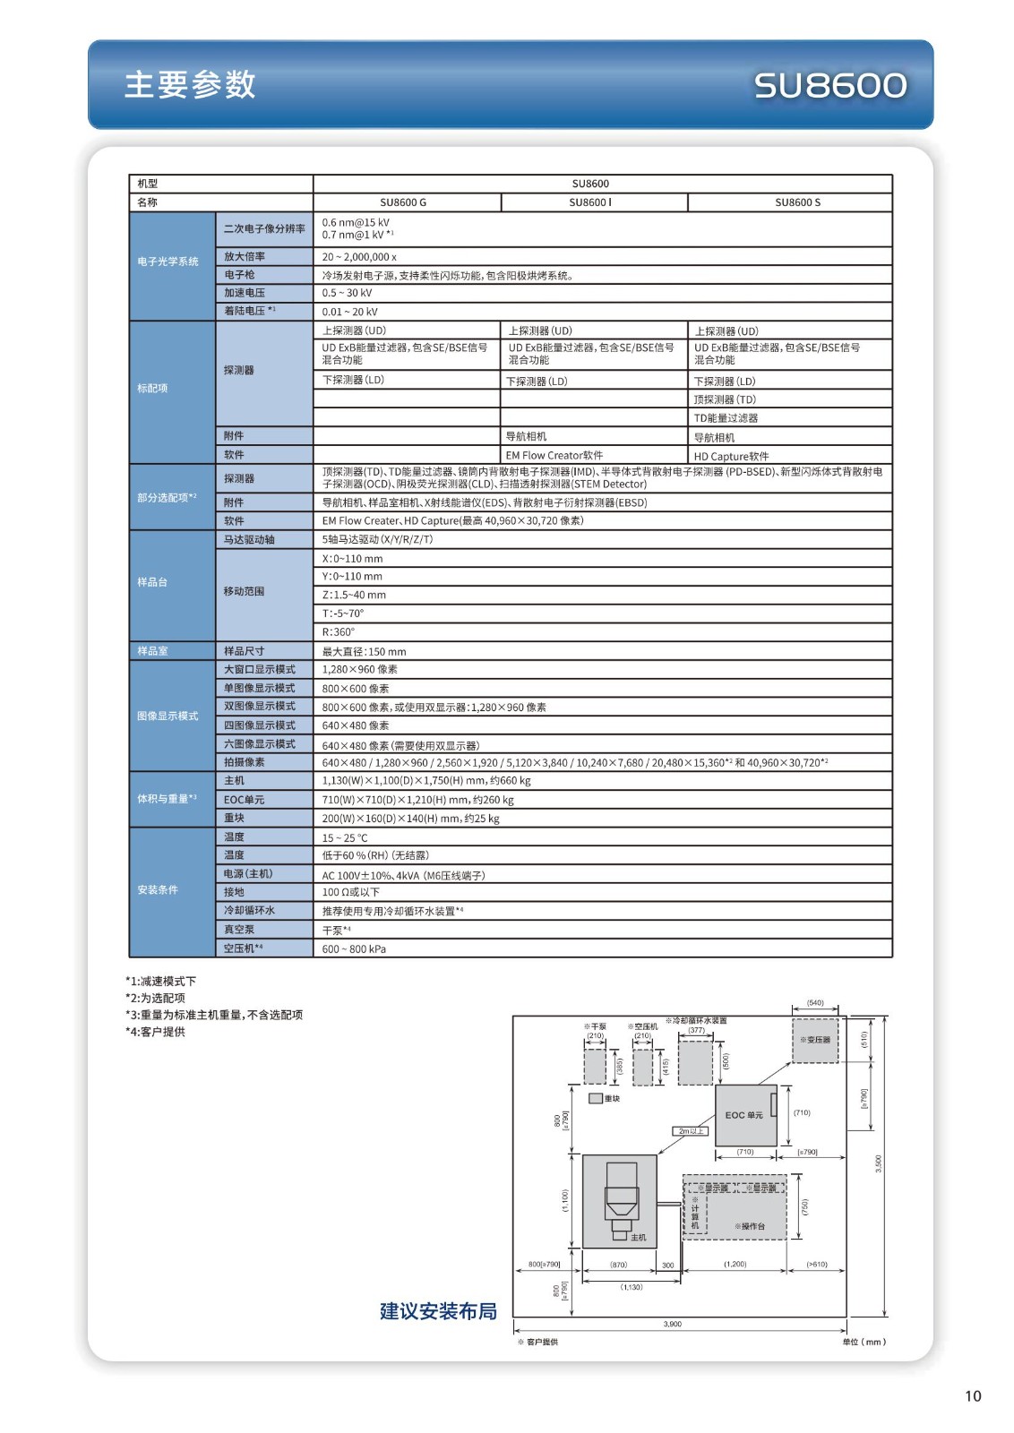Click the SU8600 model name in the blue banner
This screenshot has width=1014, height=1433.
[x=829, y=86]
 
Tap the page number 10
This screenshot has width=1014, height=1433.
[x=973, y=1395]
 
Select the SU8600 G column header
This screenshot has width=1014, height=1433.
[x=403, y=202]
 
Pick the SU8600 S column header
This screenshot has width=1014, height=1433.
[x=797, y=202]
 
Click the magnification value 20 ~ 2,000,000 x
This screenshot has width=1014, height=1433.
[x=359, y=257]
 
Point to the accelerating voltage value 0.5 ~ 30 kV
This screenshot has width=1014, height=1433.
[x=347, y=293]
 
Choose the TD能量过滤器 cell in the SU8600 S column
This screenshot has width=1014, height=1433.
[x=726, y=418]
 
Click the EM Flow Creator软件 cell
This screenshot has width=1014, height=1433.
[x=554, y=455]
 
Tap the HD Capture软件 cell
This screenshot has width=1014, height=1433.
[x=731, y=456]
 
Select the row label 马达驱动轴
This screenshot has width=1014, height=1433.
[x=249, y=540]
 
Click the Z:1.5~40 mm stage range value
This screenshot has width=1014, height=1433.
[x=354, y=595]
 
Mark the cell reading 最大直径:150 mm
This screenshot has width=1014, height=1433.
[x=364, y=651]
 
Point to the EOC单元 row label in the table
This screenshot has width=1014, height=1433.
[x=244, y=800]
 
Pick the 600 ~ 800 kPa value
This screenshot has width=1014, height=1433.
[x=354, y=949]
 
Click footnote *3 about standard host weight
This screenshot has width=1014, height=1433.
[x=214, y=1015]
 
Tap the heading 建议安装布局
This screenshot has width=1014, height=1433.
[x=438, y=1311]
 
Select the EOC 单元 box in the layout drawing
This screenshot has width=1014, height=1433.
[x=744, y=1115]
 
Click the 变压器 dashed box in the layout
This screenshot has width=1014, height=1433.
[x=815, y=1040]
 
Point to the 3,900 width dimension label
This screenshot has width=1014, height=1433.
[x=673, y=1324]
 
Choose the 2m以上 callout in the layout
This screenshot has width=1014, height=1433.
[x=690, y=1131]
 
